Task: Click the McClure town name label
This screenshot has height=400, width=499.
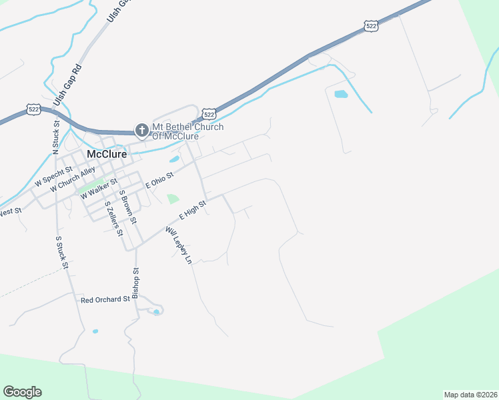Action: tap(107, 154)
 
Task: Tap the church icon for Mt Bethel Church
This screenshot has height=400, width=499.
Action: tap(141, 131)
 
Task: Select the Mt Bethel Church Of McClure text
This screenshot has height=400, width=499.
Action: tap(187, 131)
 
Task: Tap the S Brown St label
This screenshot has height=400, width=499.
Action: tap(127, 207)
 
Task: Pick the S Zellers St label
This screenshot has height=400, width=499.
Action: tap(113, 219)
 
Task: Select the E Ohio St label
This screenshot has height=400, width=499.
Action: tap(159, 180)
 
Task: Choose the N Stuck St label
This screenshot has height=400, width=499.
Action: tap(55, 137)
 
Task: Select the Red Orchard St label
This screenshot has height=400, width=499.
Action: tap(105, 300)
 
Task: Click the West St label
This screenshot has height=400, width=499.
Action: tap(11, 212)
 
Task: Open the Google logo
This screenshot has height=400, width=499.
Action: tap(22, 392)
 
